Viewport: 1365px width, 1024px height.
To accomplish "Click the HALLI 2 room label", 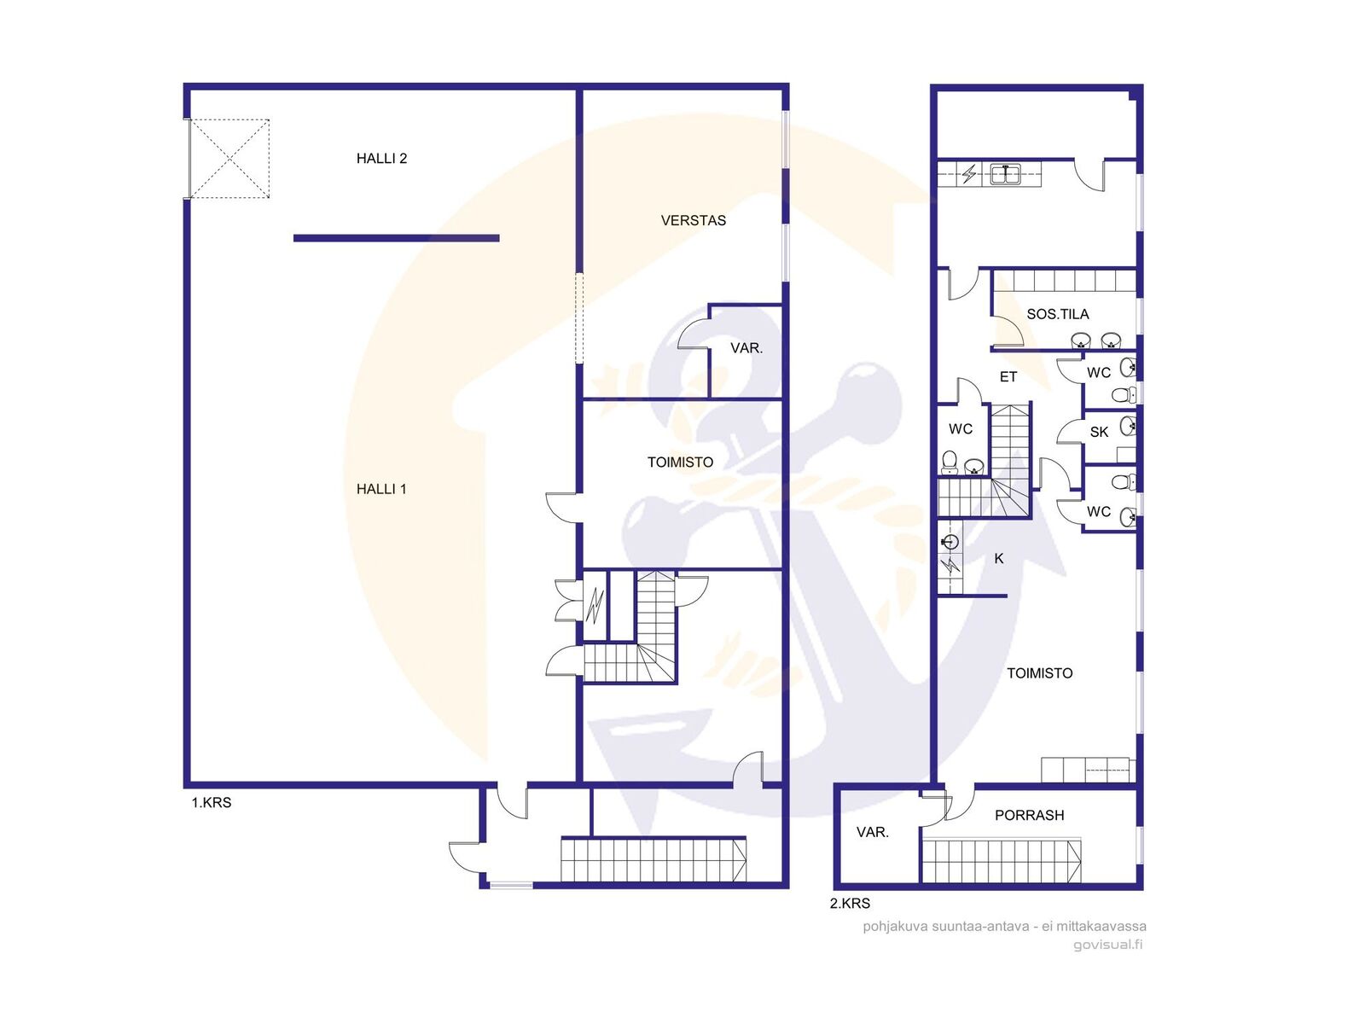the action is [381, 159].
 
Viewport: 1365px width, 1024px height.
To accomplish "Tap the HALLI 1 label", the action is [381, 489].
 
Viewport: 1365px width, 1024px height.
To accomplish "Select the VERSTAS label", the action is [693, 221].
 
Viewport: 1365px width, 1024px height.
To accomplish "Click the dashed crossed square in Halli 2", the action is [229, 160].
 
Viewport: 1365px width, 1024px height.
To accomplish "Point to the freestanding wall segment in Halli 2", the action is [396, 238].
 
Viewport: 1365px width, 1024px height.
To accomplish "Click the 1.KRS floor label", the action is [212, 803].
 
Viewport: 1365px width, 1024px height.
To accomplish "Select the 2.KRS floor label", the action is [850, 904].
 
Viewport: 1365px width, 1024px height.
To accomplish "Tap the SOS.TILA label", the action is [1057, 315].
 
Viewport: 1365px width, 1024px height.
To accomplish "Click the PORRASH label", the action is [1029, 815].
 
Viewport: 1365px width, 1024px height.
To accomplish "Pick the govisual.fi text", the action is [1107, 945].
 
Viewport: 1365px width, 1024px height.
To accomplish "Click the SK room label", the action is [1099, 432].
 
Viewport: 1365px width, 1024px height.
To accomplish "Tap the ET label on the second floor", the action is [1008, 377].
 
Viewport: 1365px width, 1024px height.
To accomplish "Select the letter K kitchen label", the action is [999, 559].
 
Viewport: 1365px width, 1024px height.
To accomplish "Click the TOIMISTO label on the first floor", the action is [680, 463].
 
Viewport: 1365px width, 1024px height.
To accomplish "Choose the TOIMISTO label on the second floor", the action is [1039, 673].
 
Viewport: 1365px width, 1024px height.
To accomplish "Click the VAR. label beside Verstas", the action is [746, 348].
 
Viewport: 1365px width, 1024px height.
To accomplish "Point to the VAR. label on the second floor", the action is [872, 833].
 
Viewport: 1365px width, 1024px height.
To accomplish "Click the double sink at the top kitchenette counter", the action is [1005, 175].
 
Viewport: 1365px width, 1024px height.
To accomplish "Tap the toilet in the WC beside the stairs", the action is [949, 462].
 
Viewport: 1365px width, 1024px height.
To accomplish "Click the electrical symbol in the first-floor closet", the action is [595, 606].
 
